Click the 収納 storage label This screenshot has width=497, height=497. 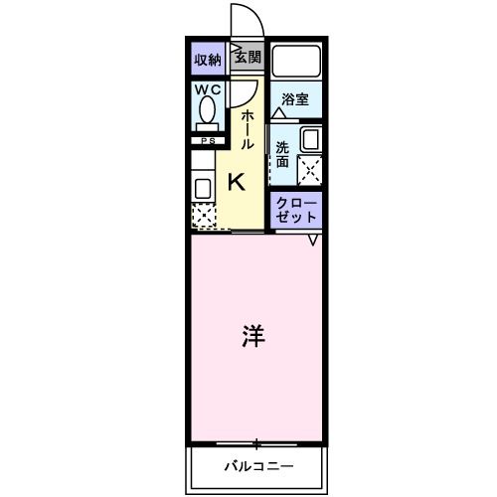click(x=206, y=59)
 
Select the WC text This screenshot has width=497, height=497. click(x=207, y=90)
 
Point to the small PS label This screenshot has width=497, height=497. click(x=207, y=141)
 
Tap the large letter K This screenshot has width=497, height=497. click(x=238, y=181)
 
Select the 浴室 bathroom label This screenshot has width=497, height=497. click(x=294, y=99)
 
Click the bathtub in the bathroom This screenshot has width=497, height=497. click(x=296, y=64)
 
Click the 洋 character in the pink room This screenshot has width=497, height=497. click(x=252, y=336)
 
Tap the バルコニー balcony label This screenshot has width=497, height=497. click(x=255, y=464)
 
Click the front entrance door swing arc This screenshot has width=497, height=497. click(x=242, y=22)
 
